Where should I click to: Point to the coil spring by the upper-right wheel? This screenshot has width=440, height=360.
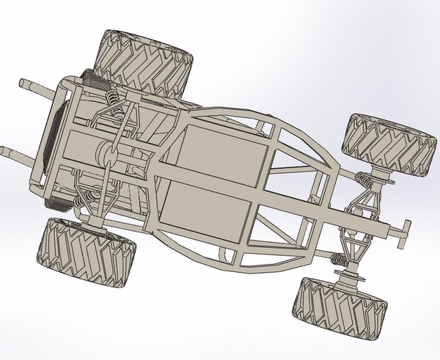click(363, 179)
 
